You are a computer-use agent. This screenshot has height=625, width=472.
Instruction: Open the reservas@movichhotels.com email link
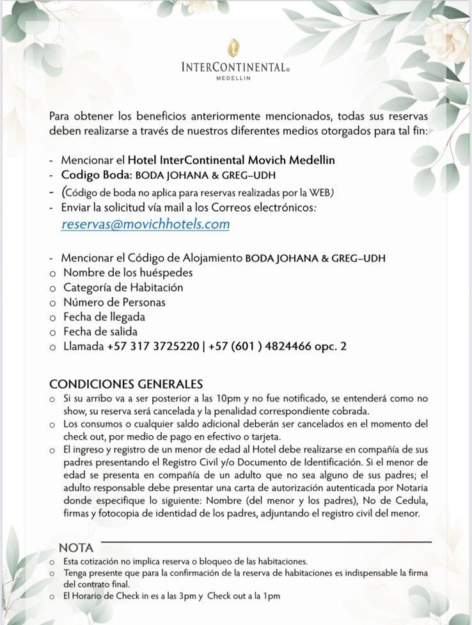click(x=145, y=224)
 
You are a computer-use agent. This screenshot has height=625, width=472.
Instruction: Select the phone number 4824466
click(x=292, y=346)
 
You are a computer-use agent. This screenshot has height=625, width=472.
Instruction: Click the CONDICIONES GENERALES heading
click(x=126, y=384)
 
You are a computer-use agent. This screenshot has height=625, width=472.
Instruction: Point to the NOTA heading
click(x=76, y=548)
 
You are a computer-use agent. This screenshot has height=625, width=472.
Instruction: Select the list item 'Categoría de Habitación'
click(x=123, y=288)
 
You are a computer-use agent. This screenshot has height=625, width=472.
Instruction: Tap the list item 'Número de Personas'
click(x=114, y=302)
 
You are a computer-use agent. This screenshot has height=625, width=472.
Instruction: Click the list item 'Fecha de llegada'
click(x=104, y=317)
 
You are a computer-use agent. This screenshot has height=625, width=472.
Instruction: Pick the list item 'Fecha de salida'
click(x=100, y=332)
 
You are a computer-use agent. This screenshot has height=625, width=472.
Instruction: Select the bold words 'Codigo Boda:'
click(x=97, y=175)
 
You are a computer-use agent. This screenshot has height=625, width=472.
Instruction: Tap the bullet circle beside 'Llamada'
click(x=53, y=347)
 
